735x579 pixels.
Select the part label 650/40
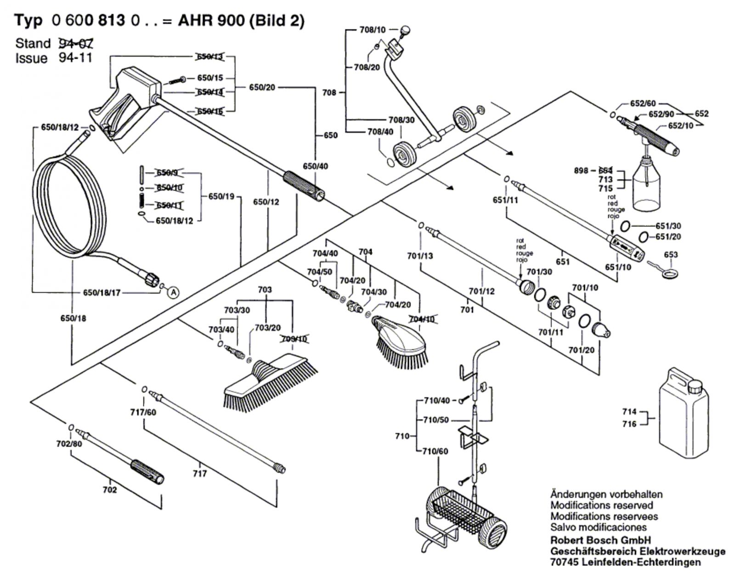(x=315, y=166)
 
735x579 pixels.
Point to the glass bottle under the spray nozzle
(x=648, y=184)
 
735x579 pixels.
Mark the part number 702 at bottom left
(x=110, y=490)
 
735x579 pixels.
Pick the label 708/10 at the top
(x=373, y=30)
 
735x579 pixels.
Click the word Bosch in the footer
(x=599, y=540)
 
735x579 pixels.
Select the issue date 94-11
(x=76, y=58)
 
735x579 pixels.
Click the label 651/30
(x=668, y=226)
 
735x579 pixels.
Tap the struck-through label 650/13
(x=209, y=57)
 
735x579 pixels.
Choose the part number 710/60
(x=435, y=451)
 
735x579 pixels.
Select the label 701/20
(x=581, y=350)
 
